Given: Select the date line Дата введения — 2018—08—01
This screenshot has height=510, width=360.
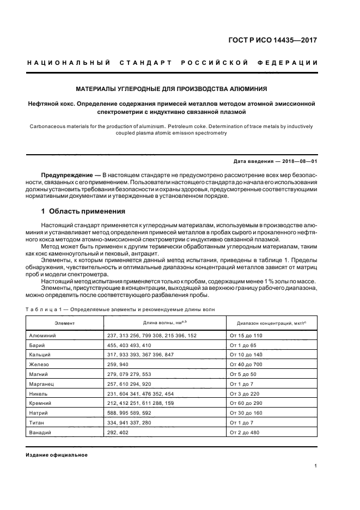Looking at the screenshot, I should pos(275,162).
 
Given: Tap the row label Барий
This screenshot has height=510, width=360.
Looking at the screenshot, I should pos(37,345).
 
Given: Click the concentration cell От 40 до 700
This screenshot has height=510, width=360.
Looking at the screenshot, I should pos(246,364).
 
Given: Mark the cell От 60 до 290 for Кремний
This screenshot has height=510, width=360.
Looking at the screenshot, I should pos(246,403).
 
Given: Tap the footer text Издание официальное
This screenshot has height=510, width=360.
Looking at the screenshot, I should pos(57,455).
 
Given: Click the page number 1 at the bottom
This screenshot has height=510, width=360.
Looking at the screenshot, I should pos(316,465).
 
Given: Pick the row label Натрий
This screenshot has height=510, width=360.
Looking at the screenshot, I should pos(39,413).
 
